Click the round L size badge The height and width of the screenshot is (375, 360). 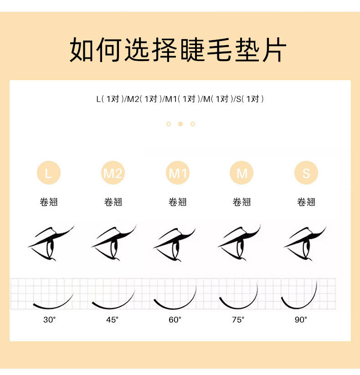point(48,173)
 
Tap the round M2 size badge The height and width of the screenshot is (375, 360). point(113,173)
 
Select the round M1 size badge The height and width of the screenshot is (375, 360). point(178,173)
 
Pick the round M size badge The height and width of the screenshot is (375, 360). point(242,173)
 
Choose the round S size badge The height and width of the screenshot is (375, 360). point(306,173)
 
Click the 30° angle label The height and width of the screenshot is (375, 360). point(49,320)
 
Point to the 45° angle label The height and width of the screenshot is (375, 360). point(112,320)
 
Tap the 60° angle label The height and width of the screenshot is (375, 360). point(175,320)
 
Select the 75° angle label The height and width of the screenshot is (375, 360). point(238,320)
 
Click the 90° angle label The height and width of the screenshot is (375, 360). point(301,320)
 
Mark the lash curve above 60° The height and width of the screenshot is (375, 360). point(175,303)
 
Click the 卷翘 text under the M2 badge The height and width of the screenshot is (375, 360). point(113,202)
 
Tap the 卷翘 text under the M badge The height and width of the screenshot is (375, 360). point(242,202)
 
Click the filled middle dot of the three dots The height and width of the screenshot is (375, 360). point(180,124)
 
